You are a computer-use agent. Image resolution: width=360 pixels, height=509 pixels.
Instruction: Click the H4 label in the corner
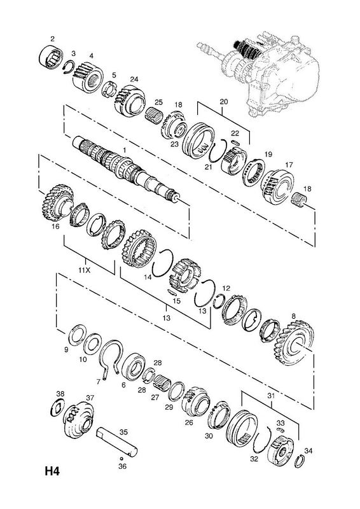point(52,471)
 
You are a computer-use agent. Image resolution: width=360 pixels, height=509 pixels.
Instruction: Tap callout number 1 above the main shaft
point(124,150)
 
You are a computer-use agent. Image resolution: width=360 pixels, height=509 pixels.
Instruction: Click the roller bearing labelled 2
point(52,57)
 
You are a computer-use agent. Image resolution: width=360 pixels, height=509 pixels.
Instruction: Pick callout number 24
point(134,79)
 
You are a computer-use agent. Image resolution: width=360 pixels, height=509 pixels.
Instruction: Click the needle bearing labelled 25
point(155,115)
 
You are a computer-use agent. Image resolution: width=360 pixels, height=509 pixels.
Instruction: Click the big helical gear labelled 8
point(296,342)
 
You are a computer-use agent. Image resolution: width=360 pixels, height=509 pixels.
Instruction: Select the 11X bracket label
point(85,270)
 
